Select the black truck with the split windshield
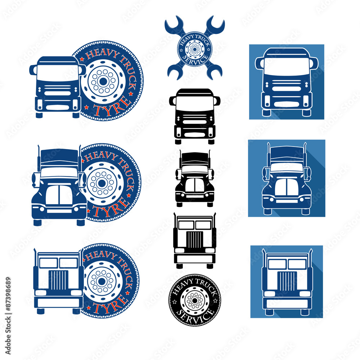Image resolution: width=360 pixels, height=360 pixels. (x=195, y=179)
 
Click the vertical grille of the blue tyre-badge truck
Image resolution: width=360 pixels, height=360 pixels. (x=58, y=280)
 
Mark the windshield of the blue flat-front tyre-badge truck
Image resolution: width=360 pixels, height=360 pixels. (x=58, y=73)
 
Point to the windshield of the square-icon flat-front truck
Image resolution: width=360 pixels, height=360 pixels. (x=287, y=67)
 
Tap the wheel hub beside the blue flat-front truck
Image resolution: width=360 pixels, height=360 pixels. (x=103, y=81)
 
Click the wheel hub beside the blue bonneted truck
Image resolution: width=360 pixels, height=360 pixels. (x=102, y=183)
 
